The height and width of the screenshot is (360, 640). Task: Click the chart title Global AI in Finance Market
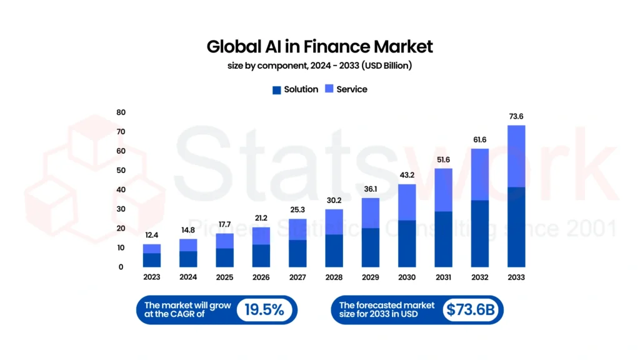[319, 46]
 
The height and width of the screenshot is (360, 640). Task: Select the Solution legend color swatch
[276, 90]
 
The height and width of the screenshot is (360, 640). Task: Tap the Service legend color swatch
[329, 90]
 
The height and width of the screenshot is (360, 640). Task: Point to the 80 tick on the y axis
[121, 112]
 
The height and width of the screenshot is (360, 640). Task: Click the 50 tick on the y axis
[121, 171]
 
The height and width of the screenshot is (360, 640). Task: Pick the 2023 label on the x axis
[151, 277]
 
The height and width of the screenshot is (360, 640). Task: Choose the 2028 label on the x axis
[334, 277]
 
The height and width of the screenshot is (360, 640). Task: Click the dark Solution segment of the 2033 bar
[516, 227]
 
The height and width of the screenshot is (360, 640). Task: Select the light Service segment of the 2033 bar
[516, 156]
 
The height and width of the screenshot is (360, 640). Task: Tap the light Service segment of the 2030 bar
[407, 202]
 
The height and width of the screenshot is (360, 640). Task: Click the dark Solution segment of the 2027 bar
[297, 253]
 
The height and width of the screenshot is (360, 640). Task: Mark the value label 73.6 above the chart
[516, 116]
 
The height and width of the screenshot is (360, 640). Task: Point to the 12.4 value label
[151, 235]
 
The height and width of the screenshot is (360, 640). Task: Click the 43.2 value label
[407, 175]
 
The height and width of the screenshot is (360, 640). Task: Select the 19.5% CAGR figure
[264, 309]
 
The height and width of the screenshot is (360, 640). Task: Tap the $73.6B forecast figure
[469, 309]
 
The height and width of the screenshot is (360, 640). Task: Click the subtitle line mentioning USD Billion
[319, 66]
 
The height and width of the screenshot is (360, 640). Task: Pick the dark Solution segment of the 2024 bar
[187, 259]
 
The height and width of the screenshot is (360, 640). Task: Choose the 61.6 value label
[479, 139]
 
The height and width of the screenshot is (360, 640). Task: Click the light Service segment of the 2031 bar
[443, 190]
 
